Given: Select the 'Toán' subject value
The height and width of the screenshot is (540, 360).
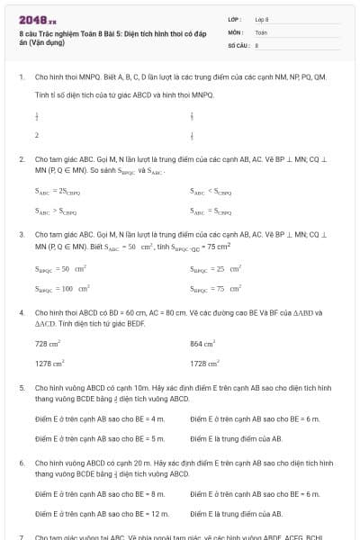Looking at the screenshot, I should tap(260, 31).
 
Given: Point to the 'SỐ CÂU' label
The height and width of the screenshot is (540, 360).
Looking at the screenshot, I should tap(237, 44).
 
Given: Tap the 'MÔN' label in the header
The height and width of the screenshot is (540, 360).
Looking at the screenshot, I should tap(235, 31).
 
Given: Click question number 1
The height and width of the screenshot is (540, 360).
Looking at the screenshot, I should tap(21, 78).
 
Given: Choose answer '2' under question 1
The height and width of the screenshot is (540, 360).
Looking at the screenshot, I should tap(37, 135).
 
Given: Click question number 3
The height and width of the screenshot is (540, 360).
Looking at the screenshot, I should tap(21, 234).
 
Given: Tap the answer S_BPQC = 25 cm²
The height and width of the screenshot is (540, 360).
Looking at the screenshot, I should tap(216, 268).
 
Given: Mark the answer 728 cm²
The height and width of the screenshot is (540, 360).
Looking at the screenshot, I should tap(48, 344).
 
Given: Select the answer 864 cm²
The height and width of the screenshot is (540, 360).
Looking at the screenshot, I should tap(202, 344).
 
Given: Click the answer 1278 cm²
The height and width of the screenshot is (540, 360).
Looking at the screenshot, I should tap(49, 364).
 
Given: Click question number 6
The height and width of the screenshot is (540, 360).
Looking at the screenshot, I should tap(21, 462).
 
